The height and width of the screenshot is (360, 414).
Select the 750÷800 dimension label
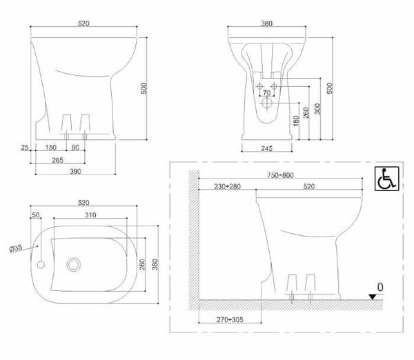coord(279,175)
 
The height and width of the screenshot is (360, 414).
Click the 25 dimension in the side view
coord(25,148)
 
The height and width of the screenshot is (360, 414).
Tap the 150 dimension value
coord(51,148)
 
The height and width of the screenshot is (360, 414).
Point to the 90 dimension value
coord(75,148)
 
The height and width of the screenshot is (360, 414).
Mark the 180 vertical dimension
coord(296,121)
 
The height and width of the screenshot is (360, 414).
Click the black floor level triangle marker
coord(373,296)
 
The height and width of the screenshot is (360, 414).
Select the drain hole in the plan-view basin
coord(72,264)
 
